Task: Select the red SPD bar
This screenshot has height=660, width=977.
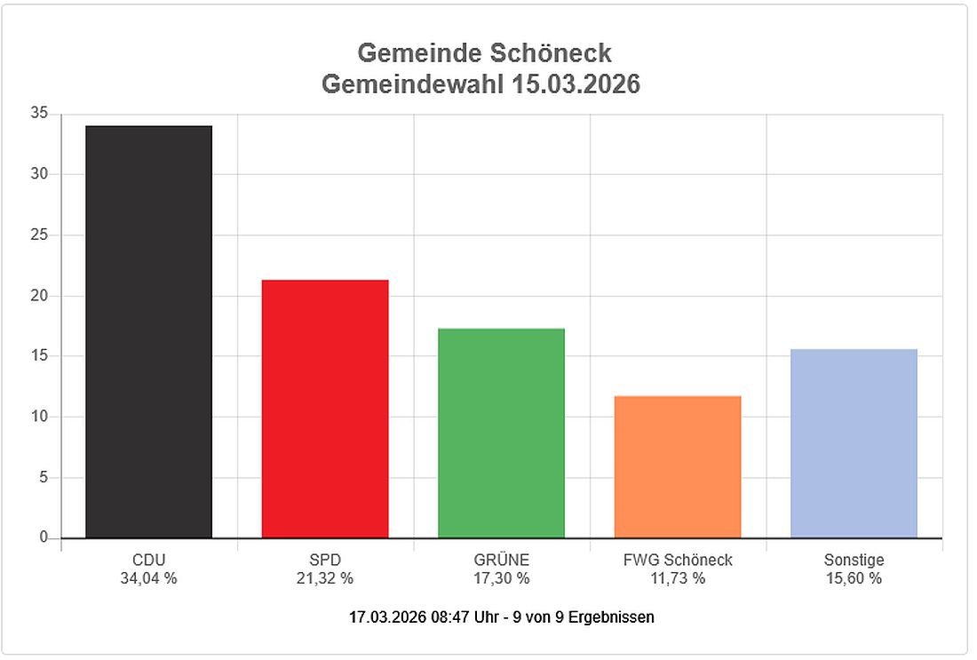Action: point(325,409)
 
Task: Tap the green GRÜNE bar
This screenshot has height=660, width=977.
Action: point(501,433)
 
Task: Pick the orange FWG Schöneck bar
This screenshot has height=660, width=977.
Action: point(678,466)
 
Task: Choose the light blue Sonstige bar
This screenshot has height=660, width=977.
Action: point(854,443)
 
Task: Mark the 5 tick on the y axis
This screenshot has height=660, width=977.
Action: point(42,478)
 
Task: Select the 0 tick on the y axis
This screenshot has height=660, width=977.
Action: point(42,537)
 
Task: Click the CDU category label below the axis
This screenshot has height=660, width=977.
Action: point(148,561)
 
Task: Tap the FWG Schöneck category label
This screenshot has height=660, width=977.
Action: point(678,561)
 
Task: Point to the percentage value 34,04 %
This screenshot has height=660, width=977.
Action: point(148,578)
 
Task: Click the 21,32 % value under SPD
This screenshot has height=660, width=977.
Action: point(325,578)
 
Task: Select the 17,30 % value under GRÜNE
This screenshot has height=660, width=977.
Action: point(501,578)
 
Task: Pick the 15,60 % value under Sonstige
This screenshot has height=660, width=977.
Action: point(854,578)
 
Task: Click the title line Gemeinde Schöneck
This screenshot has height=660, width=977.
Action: point(484,53)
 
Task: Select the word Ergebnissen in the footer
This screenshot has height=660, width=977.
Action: point(612,616)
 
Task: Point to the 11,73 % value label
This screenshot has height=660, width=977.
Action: point(678,578)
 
